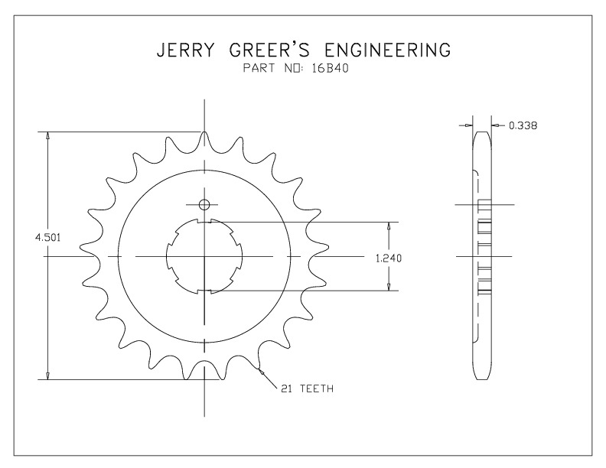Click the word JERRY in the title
pos(184,50)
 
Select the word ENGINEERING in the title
pos(388,50)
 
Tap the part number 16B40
pos(330,68)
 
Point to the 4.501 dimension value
pos(48,238)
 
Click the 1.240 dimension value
pos(389,258)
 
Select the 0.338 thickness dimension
pos(523,125)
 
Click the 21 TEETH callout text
pos(308,388)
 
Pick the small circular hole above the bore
pos(204,204)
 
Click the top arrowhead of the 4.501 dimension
pos(48,136)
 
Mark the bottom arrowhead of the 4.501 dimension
pos(48,375)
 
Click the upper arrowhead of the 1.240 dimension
pos(389,226)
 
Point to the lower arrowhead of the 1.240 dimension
pos(389,286)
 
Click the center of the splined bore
pos(204,256)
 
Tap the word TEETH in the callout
pos(317,388)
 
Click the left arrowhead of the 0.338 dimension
pos(469,125)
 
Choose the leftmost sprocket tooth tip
pos(81,248)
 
